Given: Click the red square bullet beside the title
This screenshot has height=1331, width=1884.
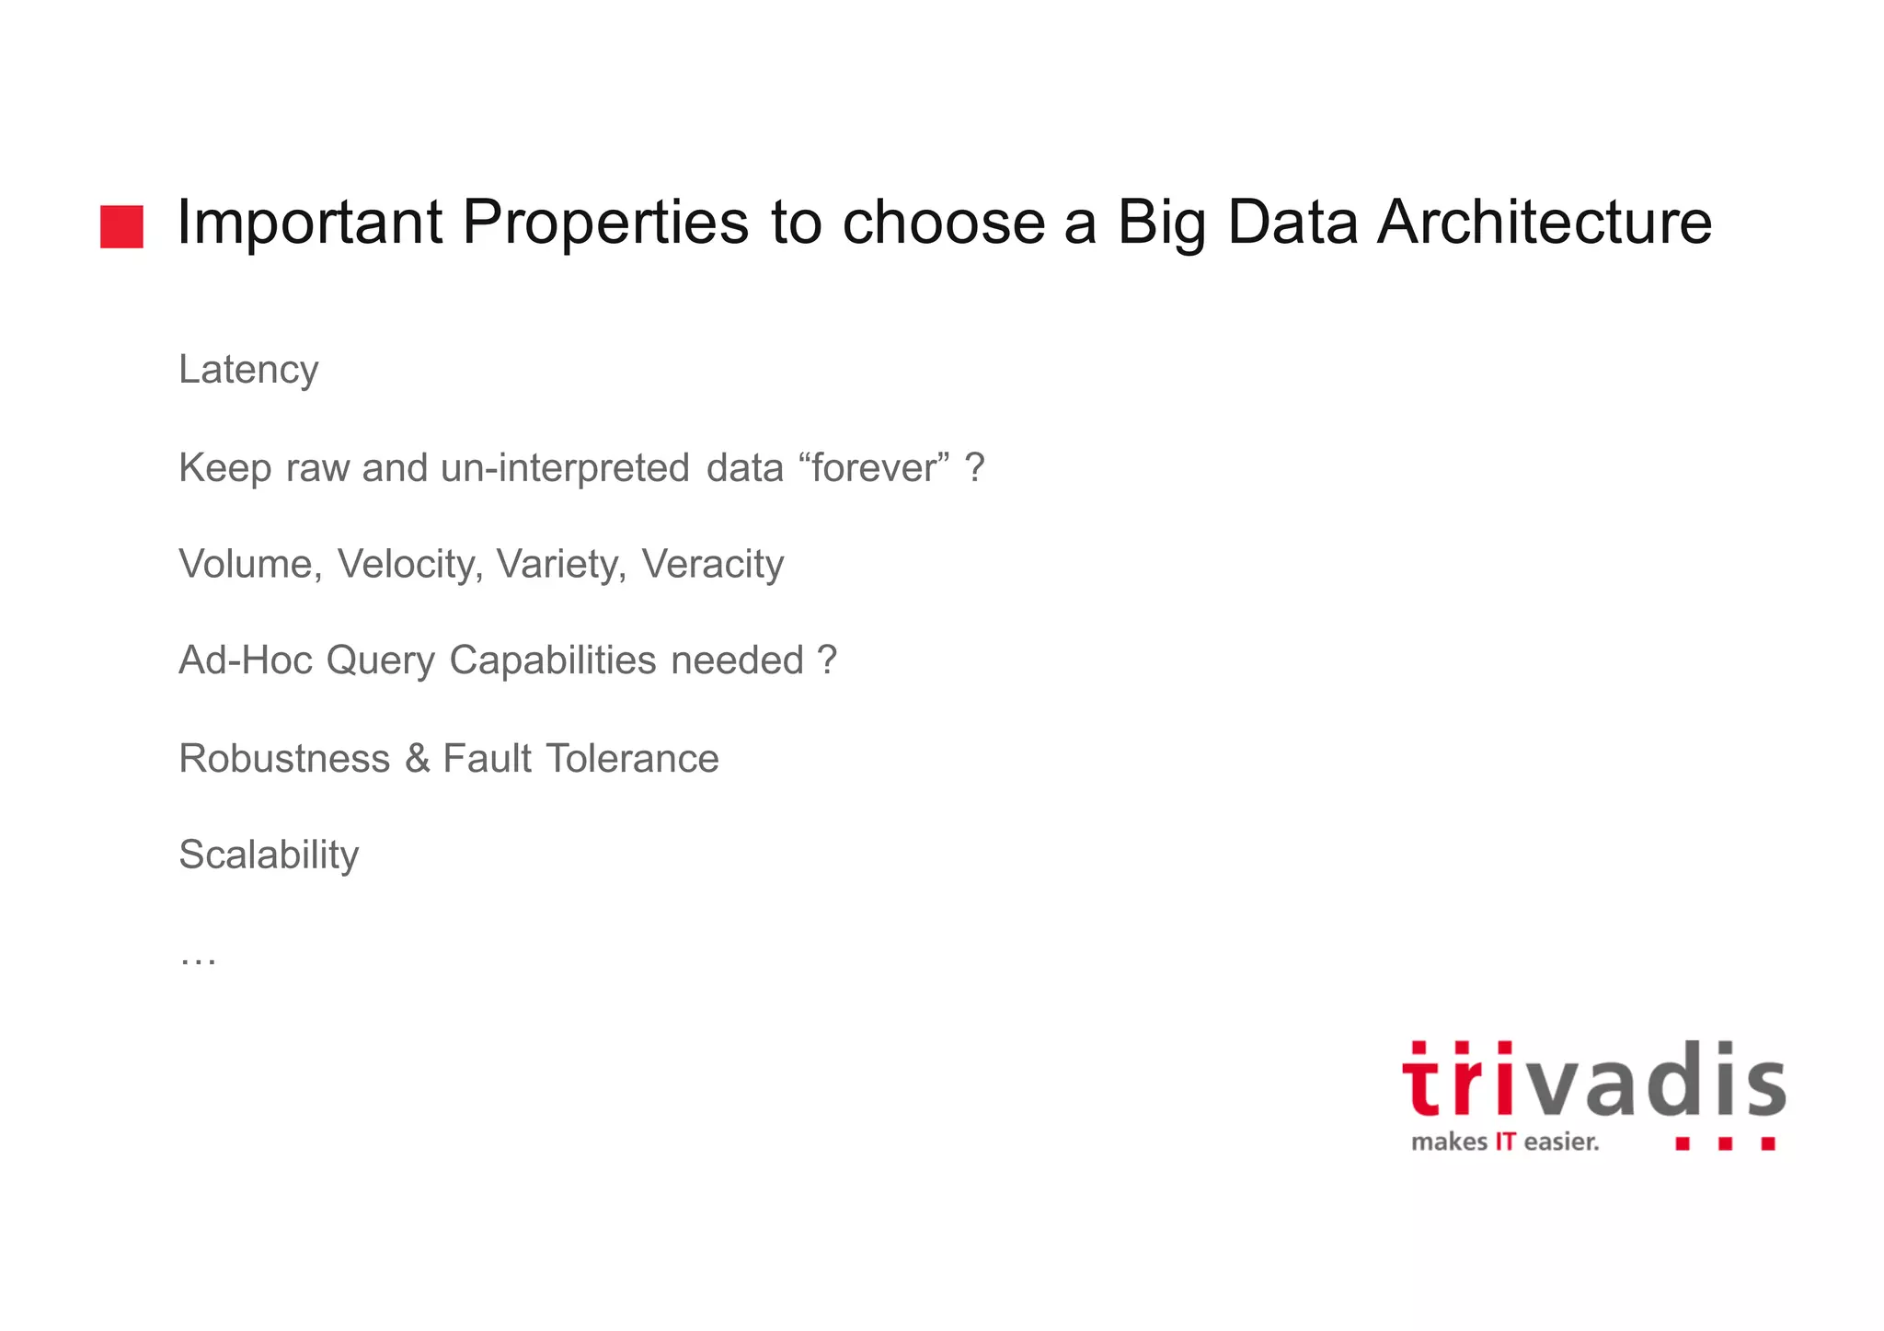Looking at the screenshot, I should [121, 226].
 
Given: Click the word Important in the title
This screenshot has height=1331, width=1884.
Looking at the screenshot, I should [309, 223].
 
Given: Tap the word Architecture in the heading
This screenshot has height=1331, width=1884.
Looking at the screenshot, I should [1544, 223].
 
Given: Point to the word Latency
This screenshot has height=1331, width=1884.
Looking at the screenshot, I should [248, 370].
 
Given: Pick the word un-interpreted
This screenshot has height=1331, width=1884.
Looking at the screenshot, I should [565, 467].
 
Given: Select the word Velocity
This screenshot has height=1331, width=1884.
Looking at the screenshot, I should [408, 564].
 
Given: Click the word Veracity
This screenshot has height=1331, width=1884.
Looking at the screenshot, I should [712, 564].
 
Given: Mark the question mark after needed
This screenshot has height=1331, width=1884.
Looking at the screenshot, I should [827, 660].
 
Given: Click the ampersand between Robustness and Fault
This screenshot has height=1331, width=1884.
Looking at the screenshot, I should [417, 759].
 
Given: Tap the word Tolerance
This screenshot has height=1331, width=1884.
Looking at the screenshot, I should [632, 759].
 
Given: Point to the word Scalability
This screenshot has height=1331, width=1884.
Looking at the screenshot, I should [269, 855].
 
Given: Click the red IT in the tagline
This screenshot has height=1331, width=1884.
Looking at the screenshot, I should [1505, 1142].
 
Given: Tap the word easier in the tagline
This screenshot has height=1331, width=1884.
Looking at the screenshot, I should [1560, 1142].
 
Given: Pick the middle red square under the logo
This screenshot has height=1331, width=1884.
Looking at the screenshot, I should [1725, 1143].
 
